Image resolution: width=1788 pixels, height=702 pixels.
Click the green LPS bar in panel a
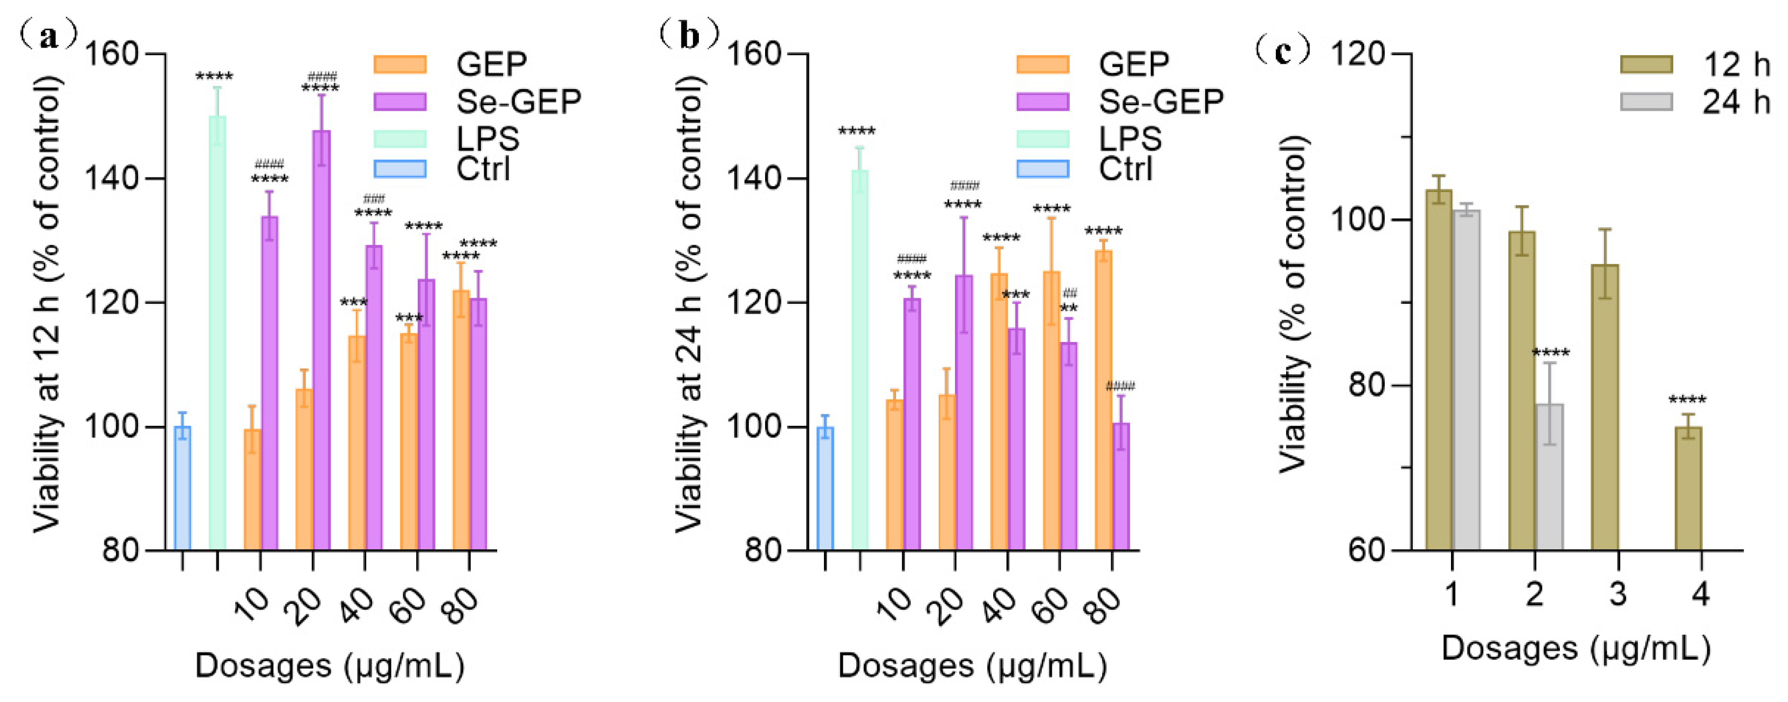coord(217,333)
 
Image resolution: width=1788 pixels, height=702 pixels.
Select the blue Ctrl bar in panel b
coord(826,489)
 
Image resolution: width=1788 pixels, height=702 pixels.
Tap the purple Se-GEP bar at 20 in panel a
coord(321,340)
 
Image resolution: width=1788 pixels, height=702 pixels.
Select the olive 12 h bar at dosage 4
coord(1688,489)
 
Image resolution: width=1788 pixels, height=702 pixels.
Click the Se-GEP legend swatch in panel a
coord(400,101)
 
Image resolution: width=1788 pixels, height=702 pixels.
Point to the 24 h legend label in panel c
coord(1736,103)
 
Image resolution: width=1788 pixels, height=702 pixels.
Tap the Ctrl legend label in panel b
coord(1125,169)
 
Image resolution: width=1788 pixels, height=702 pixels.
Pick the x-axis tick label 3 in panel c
coord(1618,595)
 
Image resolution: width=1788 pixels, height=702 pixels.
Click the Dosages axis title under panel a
coord(329,665)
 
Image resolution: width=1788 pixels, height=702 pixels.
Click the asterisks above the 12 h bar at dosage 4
coord(1687,401)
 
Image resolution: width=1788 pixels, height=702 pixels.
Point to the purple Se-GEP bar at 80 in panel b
coord(1121,486)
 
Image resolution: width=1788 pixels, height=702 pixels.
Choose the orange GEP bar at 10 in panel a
coord(253,489)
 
